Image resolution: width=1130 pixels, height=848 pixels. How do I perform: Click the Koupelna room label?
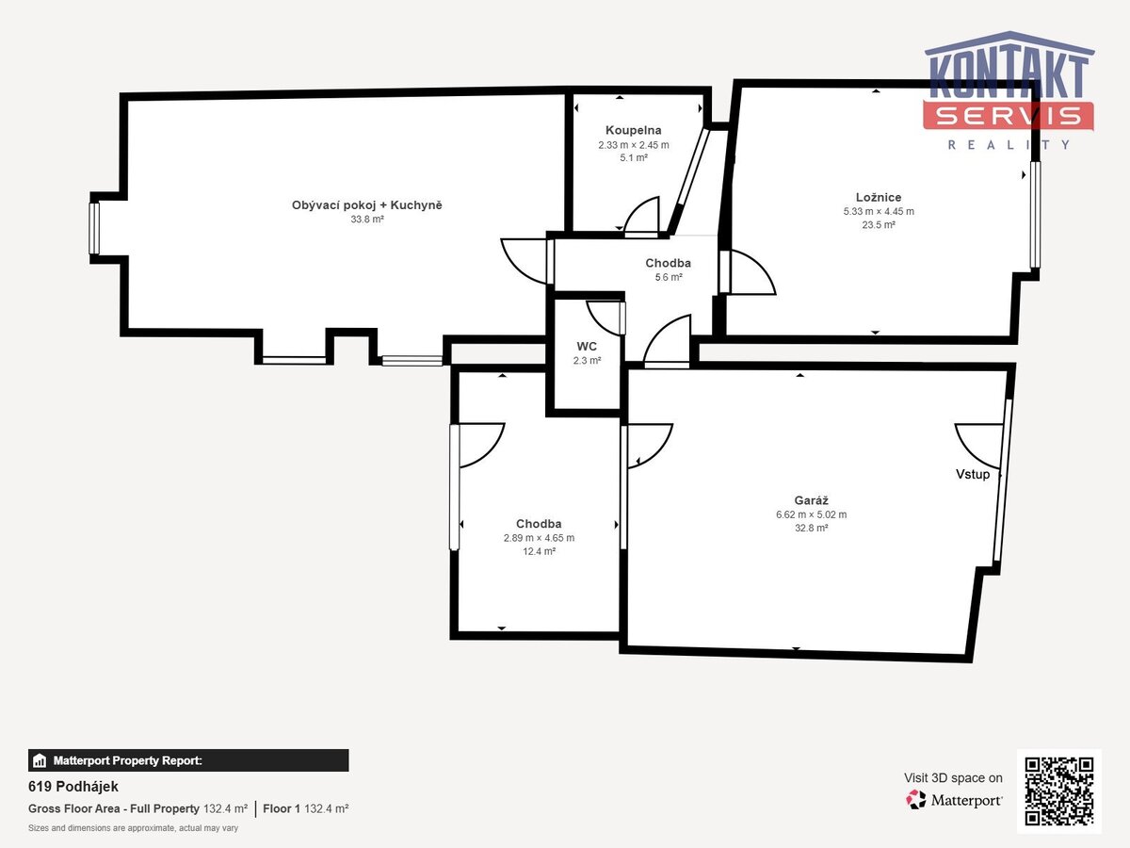[633, 130]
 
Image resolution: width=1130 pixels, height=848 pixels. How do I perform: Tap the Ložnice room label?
[879, 197]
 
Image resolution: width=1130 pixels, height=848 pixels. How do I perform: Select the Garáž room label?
[811, 500]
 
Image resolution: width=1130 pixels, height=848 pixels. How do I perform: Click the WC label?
[587, 347]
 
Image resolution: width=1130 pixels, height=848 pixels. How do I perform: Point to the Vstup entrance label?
[973, 474]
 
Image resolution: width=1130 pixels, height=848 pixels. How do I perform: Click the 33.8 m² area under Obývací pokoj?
[367, 220]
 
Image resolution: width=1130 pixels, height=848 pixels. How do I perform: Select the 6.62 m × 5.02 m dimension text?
[811, 514]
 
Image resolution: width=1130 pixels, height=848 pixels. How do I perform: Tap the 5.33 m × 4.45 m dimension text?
[879, 211]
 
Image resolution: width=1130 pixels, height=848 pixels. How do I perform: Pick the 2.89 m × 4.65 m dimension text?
[539, 538]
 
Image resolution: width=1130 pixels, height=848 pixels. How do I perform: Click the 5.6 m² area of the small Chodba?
[669, 278]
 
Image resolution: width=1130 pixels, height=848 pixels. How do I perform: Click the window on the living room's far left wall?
[94, 228]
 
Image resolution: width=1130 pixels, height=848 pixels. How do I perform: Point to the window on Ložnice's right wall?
[1035, 215]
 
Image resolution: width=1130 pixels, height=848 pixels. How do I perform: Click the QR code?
[1059, 791]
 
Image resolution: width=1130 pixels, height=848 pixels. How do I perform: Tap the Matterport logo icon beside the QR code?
[916, 800]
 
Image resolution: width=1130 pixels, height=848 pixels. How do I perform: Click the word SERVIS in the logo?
[1008, 116]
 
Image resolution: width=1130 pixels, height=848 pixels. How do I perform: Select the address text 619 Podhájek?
[73, 786]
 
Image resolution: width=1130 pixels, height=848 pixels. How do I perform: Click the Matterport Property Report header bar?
[188, 760]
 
